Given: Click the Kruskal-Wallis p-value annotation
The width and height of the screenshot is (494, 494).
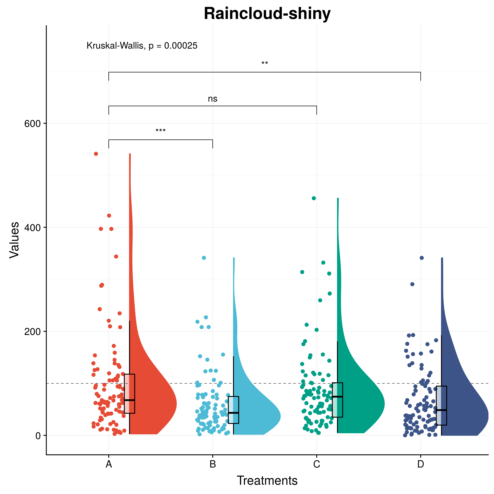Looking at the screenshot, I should [142, 46].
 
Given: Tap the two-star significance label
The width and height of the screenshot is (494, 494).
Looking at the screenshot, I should [265, 63].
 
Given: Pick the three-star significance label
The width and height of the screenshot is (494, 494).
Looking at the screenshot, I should [161, 131].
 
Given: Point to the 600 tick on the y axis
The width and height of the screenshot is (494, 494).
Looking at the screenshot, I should [32, 124].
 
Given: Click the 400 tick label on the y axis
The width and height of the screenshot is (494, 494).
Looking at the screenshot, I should [32, 228].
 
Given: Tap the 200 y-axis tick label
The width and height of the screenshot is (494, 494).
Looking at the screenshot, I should [32, 332].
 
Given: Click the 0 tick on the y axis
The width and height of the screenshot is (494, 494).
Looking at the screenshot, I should [38, 436].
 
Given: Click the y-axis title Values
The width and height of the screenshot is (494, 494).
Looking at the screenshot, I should [14, 240].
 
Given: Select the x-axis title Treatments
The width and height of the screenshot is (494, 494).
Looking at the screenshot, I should [267, 481].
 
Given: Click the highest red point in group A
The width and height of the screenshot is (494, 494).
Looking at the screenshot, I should [96, 154].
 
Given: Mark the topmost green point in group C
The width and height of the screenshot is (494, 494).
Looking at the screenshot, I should [314, 198].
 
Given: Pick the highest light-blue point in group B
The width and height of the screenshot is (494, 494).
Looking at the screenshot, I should [204, 258].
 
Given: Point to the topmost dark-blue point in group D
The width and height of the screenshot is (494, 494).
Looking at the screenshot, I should [422, 258].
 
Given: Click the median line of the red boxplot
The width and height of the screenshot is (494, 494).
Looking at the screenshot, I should [129, 400].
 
